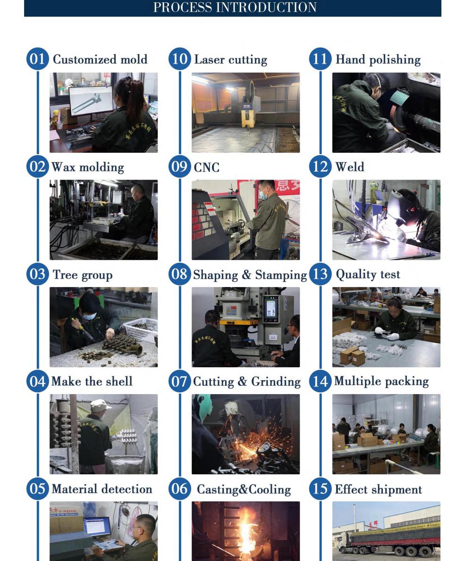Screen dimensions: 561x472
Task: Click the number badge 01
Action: [x=37, y=59]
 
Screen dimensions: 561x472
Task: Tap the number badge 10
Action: [x=179, y=59]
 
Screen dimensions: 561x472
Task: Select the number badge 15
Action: [x=320, y=489]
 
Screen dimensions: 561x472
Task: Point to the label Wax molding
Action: [x=88, y=167]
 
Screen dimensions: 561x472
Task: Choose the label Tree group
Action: [x=83, y=275]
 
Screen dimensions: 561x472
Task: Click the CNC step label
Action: [x=207, y=167]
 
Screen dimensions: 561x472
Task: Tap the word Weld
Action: [x=350, y=167]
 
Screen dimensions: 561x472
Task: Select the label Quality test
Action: [x=368, y=274]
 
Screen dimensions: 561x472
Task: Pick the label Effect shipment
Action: [x=378, y=489]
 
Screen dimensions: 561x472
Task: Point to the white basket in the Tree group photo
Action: [x=140, y=329]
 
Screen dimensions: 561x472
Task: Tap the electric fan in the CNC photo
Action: [x=292, y=217]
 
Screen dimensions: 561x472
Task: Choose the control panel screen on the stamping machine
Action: [x=270, y=309]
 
